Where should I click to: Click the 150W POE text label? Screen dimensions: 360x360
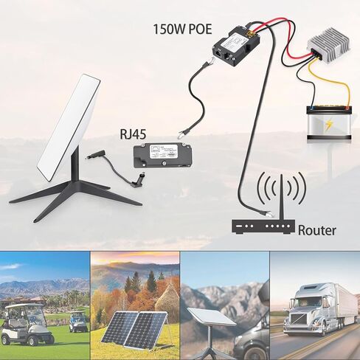182,30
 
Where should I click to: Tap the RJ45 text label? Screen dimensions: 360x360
133,134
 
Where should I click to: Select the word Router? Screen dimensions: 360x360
316,230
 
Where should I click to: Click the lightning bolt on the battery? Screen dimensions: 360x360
328,125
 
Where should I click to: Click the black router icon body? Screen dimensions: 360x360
263,226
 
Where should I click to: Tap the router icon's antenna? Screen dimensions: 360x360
282,197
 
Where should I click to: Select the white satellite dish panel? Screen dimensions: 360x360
69,128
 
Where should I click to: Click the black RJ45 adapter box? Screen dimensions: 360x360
162,156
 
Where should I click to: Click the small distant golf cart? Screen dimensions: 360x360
78,322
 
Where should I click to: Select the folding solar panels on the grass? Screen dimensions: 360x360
135,328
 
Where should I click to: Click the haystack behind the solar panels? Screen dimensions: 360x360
167,297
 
